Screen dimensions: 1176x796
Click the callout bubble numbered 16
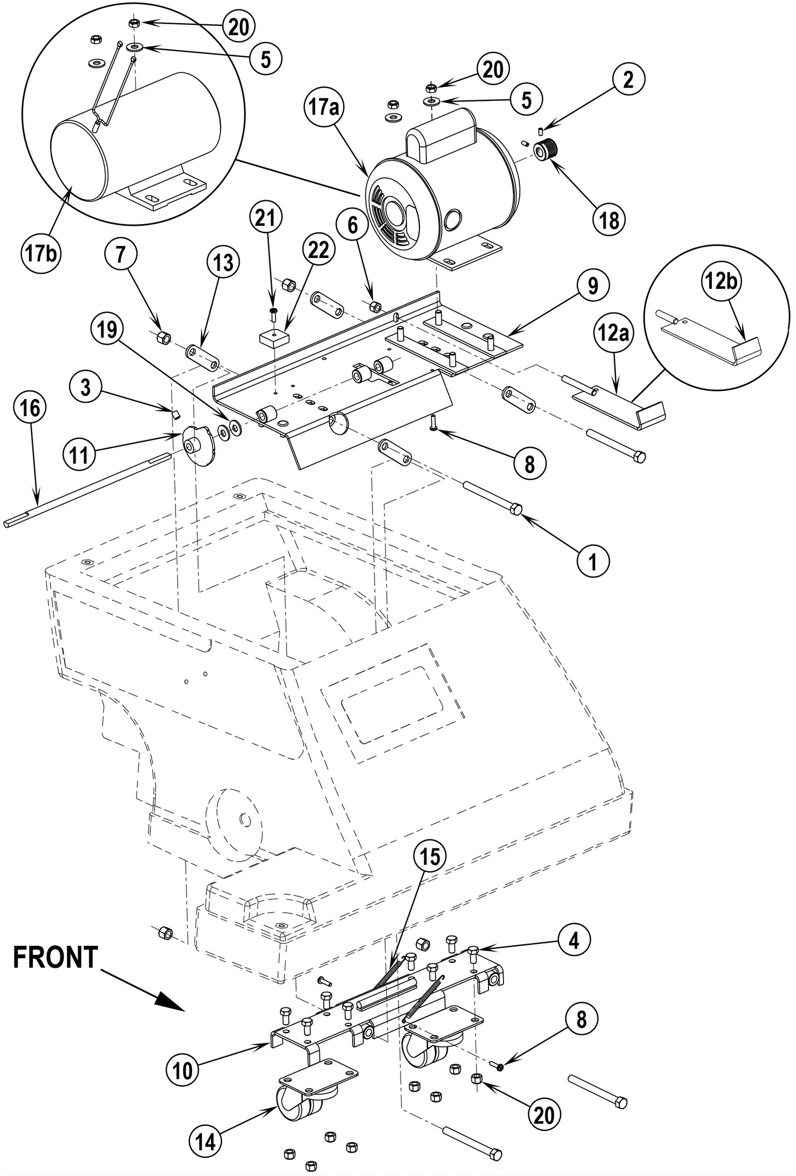pos(30,408)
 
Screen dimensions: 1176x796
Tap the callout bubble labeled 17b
pos(41,252)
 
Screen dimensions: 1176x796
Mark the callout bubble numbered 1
pos(593,561)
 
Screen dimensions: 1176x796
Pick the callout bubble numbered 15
pos(430,856)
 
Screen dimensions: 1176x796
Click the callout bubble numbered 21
pos(265,218)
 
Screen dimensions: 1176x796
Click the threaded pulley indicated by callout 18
pos(546,151)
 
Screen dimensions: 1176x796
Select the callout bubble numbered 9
pos(593,286)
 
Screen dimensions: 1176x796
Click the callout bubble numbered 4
pos(574,940)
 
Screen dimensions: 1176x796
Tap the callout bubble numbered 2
pos(628,80)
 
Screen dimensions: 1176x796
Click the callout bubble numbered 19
pos(107,330)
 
